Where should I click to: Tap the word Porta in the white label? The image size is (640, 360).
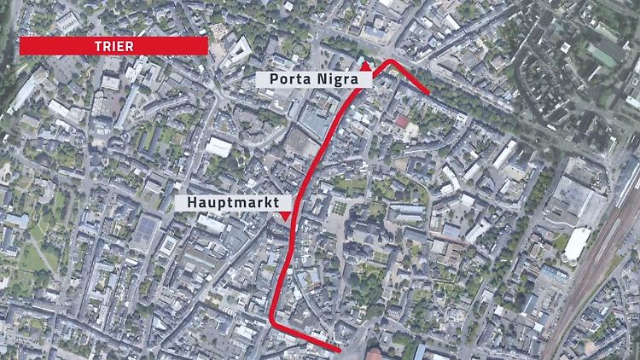point(288,78)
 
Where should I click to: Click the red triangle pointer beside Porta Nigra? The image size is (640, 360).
point(364,64)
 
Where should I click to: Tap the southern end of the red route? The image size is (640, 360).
point(339,349)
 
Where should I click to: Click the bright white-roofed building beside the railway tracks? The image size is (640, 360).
point(578,244)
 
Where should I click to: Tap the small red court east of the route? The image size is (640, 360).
point(402,122)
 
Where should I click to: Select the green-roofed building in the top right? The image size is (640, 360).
point(608,53)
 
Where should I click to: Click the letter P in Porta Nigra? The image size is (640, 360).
point(273,78)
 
